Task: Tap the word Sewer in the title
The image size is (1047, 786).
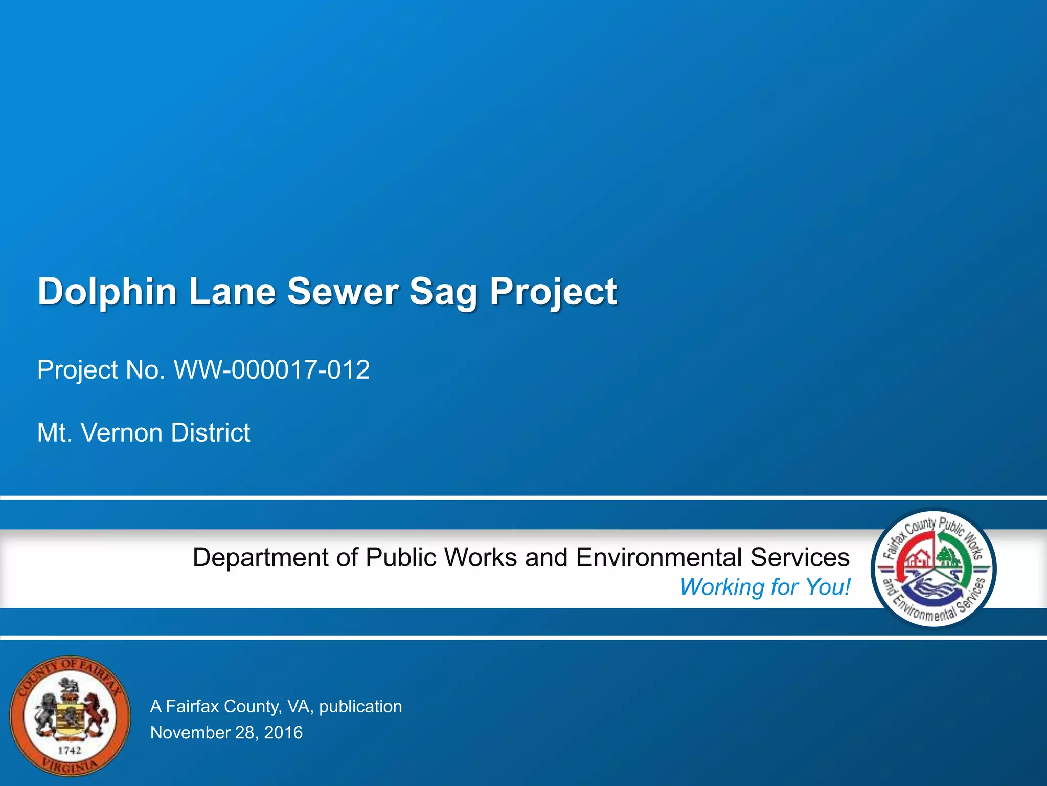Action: click(342, 292)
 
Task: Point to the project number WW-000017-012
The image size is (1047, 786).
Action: click(272, 369)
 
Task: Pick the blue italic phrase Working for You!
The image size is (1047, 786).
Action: click(765, 587)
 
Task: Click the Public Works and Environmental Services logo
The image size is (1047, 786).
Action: click(934, 568)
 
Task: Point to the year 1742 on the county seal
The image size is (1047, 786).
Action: click(70, 750)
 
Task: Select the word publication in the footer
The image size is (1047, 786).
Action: click(360, 707)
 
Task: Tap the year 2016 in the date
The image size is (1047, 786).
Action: click(283, 733)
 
